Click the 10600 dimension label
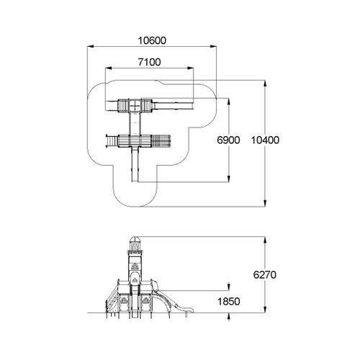pyautogui.click(x=152, y=41)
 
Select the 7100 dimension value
pyautogui.click(x=149, y=62)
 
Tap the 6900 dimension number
pyautogui.click(x=228, y=140)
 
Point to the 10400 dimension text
pyautogui.click(x=265, y=140)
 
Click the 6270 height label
pyautogui.click(x=265, y=274)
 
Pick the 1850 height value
pyautogui.click(x=228, y=302)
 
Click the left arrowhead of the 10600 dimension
pyautogui.click(x=90, y=47)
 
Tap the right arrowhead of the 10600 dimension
pyautogui.click(x=213, y=47)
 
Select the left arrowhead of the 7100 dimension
pyautogui.click(x=109, y=68)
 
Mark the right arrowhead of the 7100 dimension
pyautogui.click(x=190, y=68)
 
